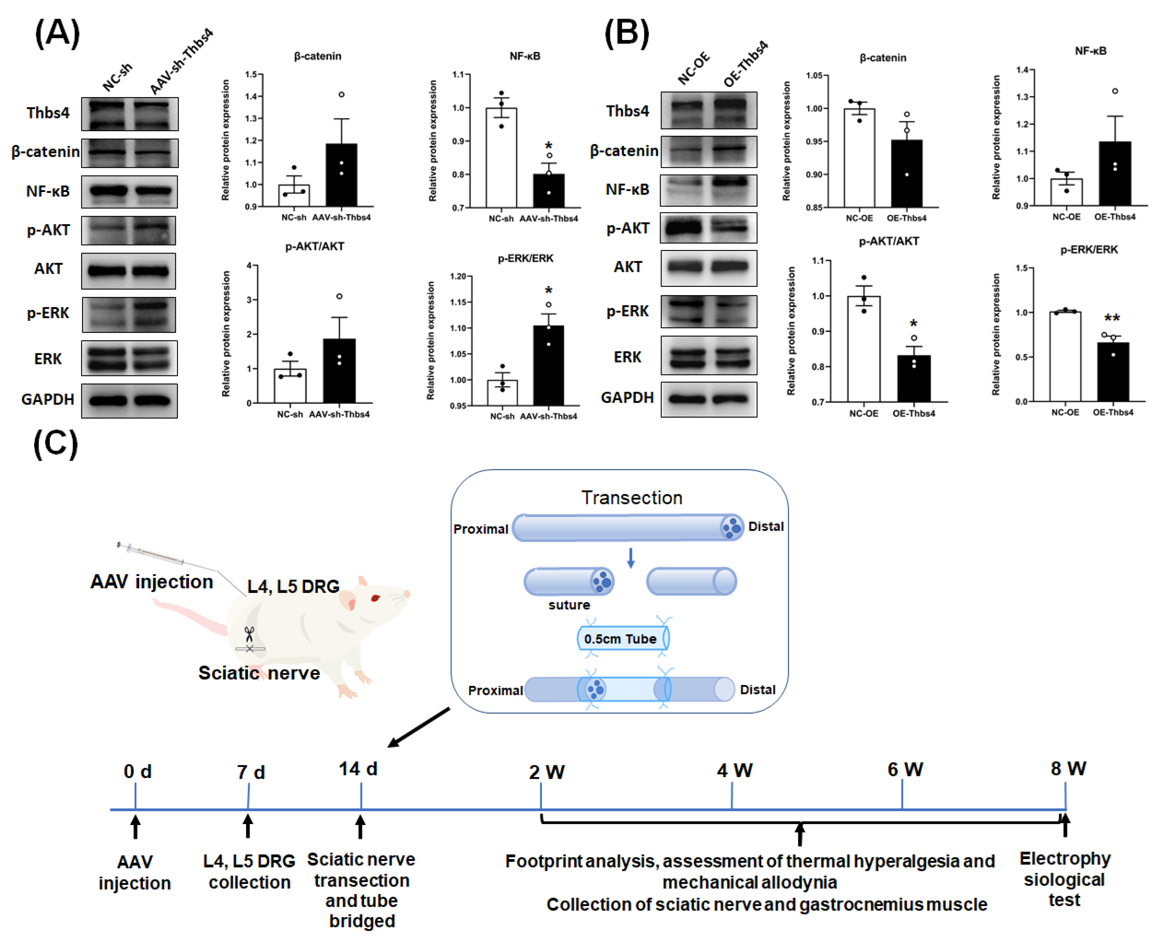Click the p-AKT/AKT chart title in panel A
click(315, 246)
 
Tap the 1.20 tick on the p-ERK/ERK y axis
click(458, 277)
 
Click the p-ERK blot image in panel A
click(129, 314)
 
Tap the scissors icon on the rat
click(249, 634)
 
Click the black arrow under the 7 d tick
click(248, 826)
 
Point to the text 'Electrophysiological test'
click(1065, 879)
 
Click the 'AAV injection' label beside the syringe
click(151, 582)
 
